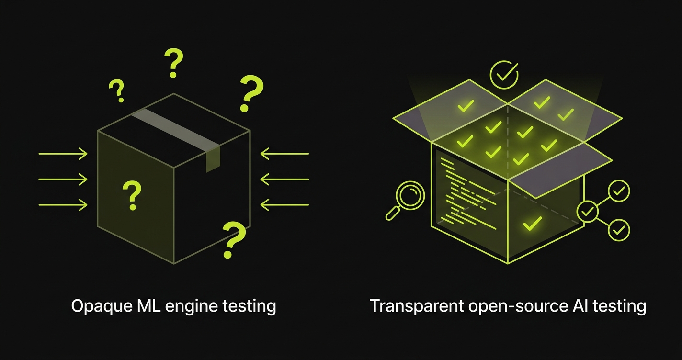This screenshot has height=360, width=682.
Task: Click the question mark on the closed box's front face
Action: tap(132, 195)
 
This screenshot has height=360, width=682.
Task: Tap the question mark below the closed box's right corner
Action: tap(234, 239)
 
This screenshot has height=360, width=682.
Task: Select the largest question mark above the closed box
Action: tap(251, 93)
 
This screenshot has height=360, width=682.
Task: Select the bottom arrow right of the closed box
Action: tap(284, 205)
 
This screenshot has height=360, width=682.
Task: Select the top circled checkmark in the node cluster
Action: tap(619, 191)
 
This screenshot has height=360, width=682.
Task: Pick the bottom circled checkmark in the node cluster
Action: tap(619, 230)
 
